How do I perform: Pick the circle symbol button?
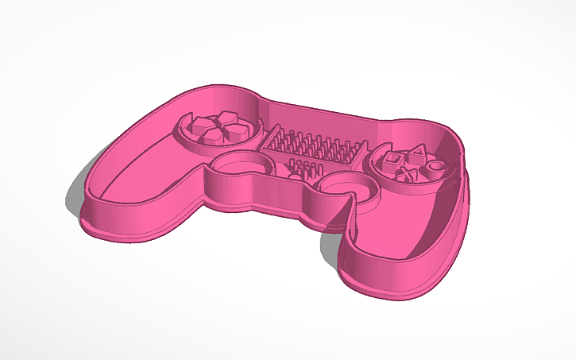pyautogui.click(x=435, y=165)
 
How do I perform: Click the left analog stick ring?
pyautogui.click(x=238, y=165)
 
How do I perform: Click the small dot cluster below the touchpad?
pyautogui.click(x=300, y=168)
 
